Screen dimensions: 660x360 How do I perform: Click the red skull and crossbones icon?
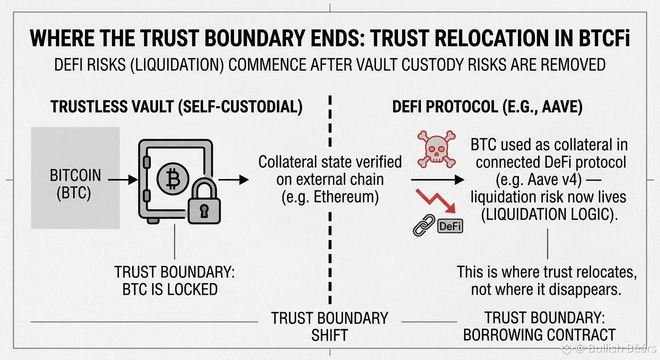click(436, 150)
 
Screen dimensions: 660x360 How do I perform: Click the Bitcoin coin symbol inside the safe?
click(173, 179)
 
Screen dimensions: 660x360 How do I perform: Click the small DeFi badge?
click(450, 226)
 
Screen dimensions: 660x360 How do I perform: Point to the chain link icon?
click(424, 225)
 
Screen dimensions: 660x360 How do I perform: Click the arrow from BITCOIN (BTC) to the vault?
click(123, 180)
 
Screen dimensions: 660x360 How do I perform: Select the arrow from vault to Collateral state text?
click(233, 180)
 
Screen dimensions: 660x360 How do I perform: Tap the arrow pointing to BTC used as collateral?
click(437, 180)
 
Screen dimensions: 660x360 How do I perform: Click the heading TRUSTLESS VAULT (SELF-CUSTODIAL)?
click(177, 106)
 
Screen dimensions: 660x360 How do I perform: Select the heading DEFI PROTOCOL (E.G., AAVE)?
click(487, 106)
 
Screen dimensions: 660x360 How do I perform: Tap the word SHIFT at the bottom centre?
click(330, 335)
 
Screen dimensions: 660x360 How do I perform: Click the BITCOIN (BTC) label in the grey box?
click(75, 184)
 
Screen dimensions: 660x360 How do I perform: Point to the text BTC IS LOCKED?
click(170, 289)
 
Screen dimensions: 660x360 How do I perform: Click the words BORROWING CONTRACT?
click(539, 335)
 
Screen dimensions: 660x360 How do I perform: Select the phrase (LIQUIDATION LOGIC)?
click(549, 214)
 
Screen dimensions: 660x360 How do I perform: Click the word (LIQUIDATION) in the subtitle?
click(177, 65)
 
